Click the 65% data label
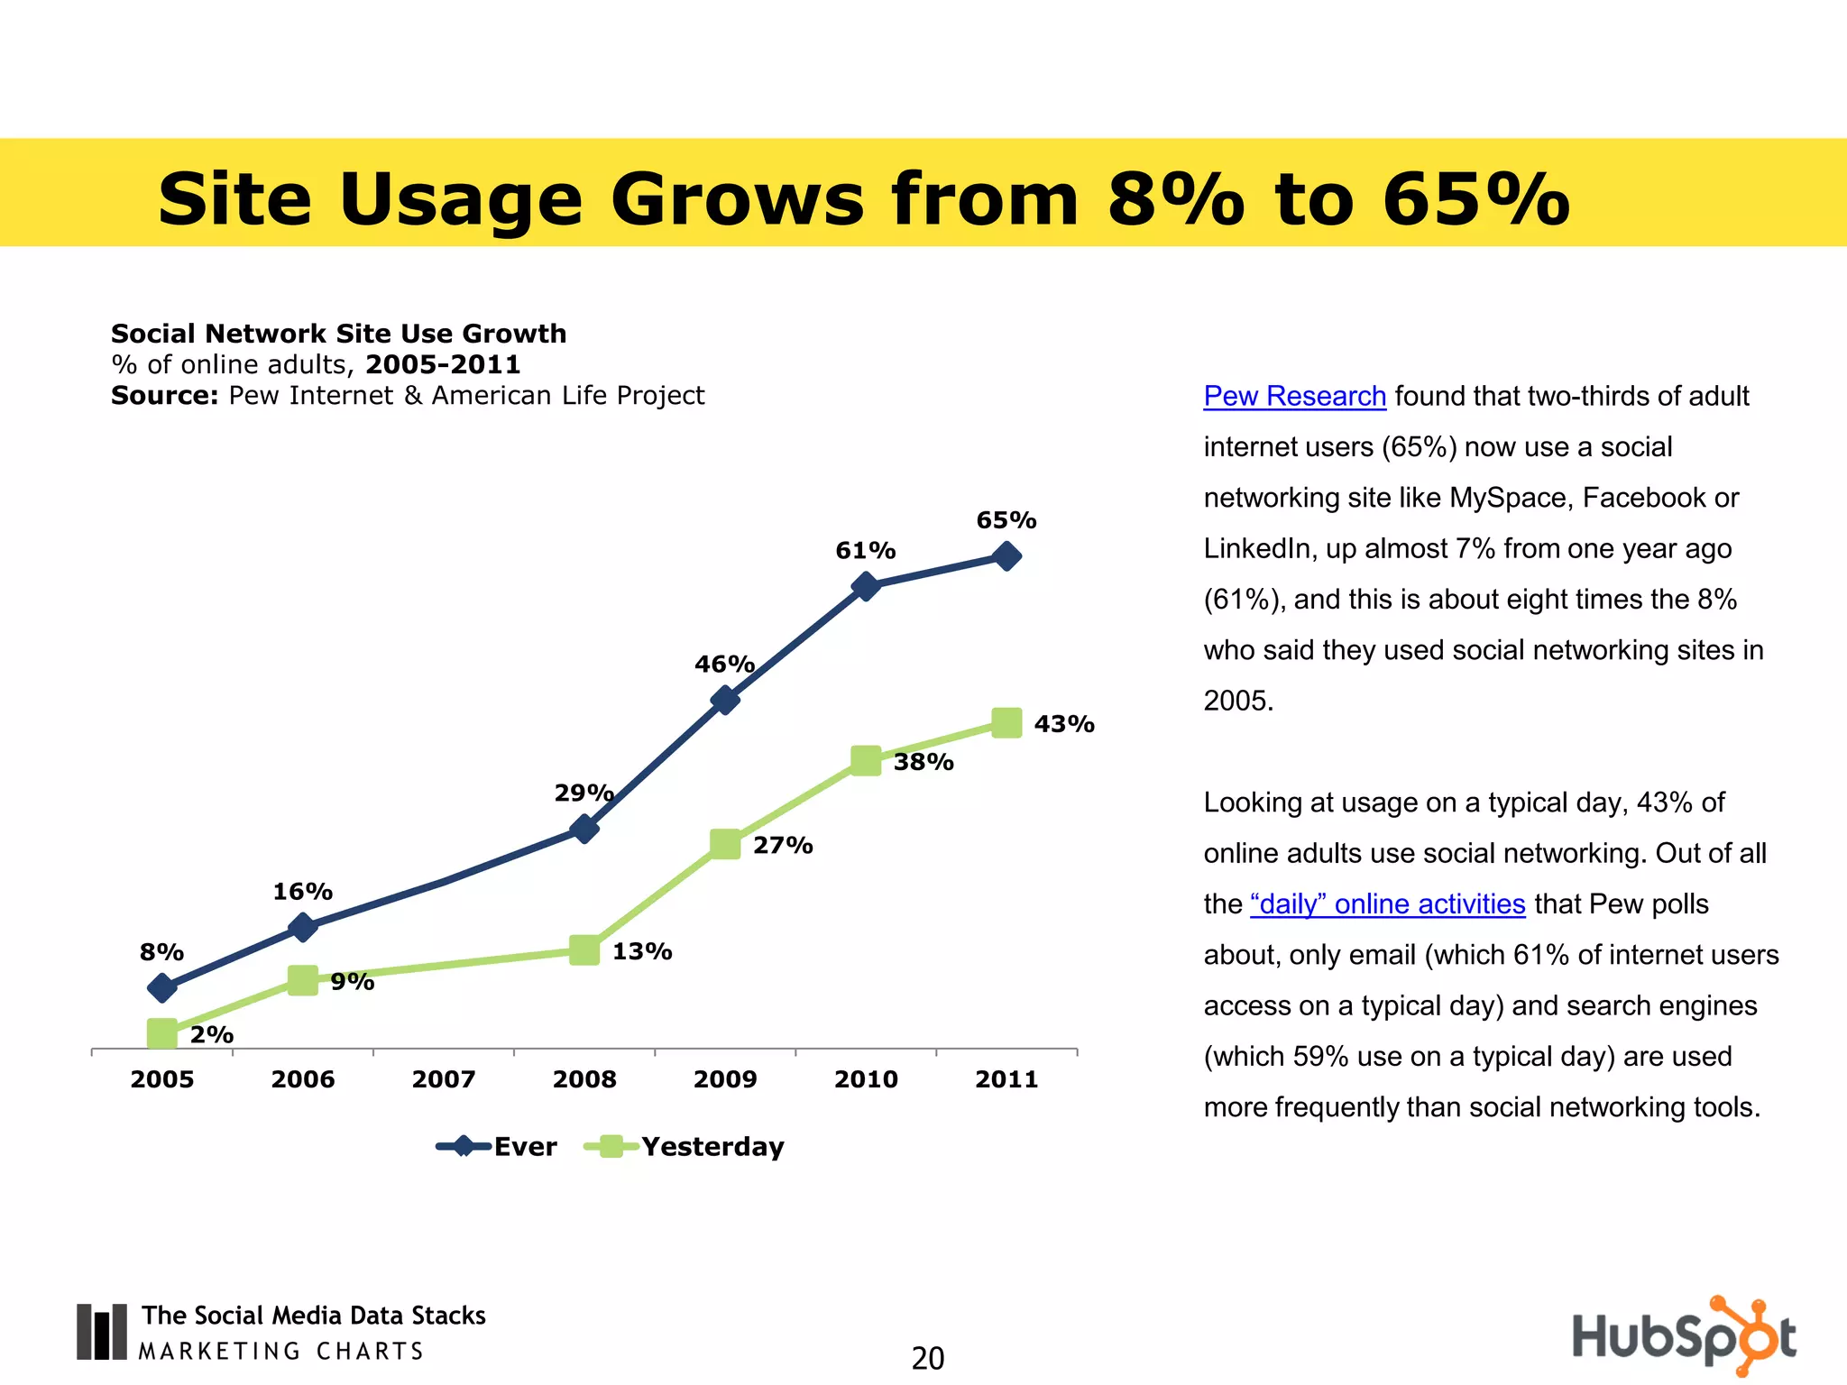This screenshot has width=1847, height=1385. [1006, 520]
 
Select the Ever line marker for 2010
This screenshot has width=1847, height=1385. [866, 586]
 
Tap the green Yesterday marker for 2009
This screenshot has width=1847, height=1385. [725, 844]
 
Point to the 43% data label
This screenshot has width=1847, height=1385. [1064, 724]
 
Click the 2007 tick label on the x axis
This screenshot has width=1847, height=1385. [444, 1079]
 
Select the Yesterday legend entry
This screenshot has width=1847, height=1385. [685, 1147]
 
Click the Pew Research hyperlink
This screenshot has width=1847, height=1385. [1294, 397]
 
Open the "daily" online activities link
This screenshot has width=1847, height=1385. [1387, 904]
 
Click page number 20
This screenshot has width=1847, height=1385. [927, 1358]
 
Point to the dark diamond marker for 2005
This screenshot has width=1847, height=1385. [162, 988]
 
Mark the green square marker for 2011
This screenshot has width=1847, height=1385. [1006, 723]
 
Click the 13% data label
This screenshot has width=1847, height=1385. [642, 952]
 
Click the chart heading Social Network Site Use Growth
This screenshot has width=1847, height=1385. [338, 334]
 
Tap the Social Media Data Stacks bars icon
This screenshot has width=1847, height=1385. [101, 1332]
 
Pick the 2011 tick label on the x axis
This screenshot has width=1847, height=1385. [1006, 1079]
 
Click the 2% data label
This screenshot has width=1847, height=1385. [212, 1035]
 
